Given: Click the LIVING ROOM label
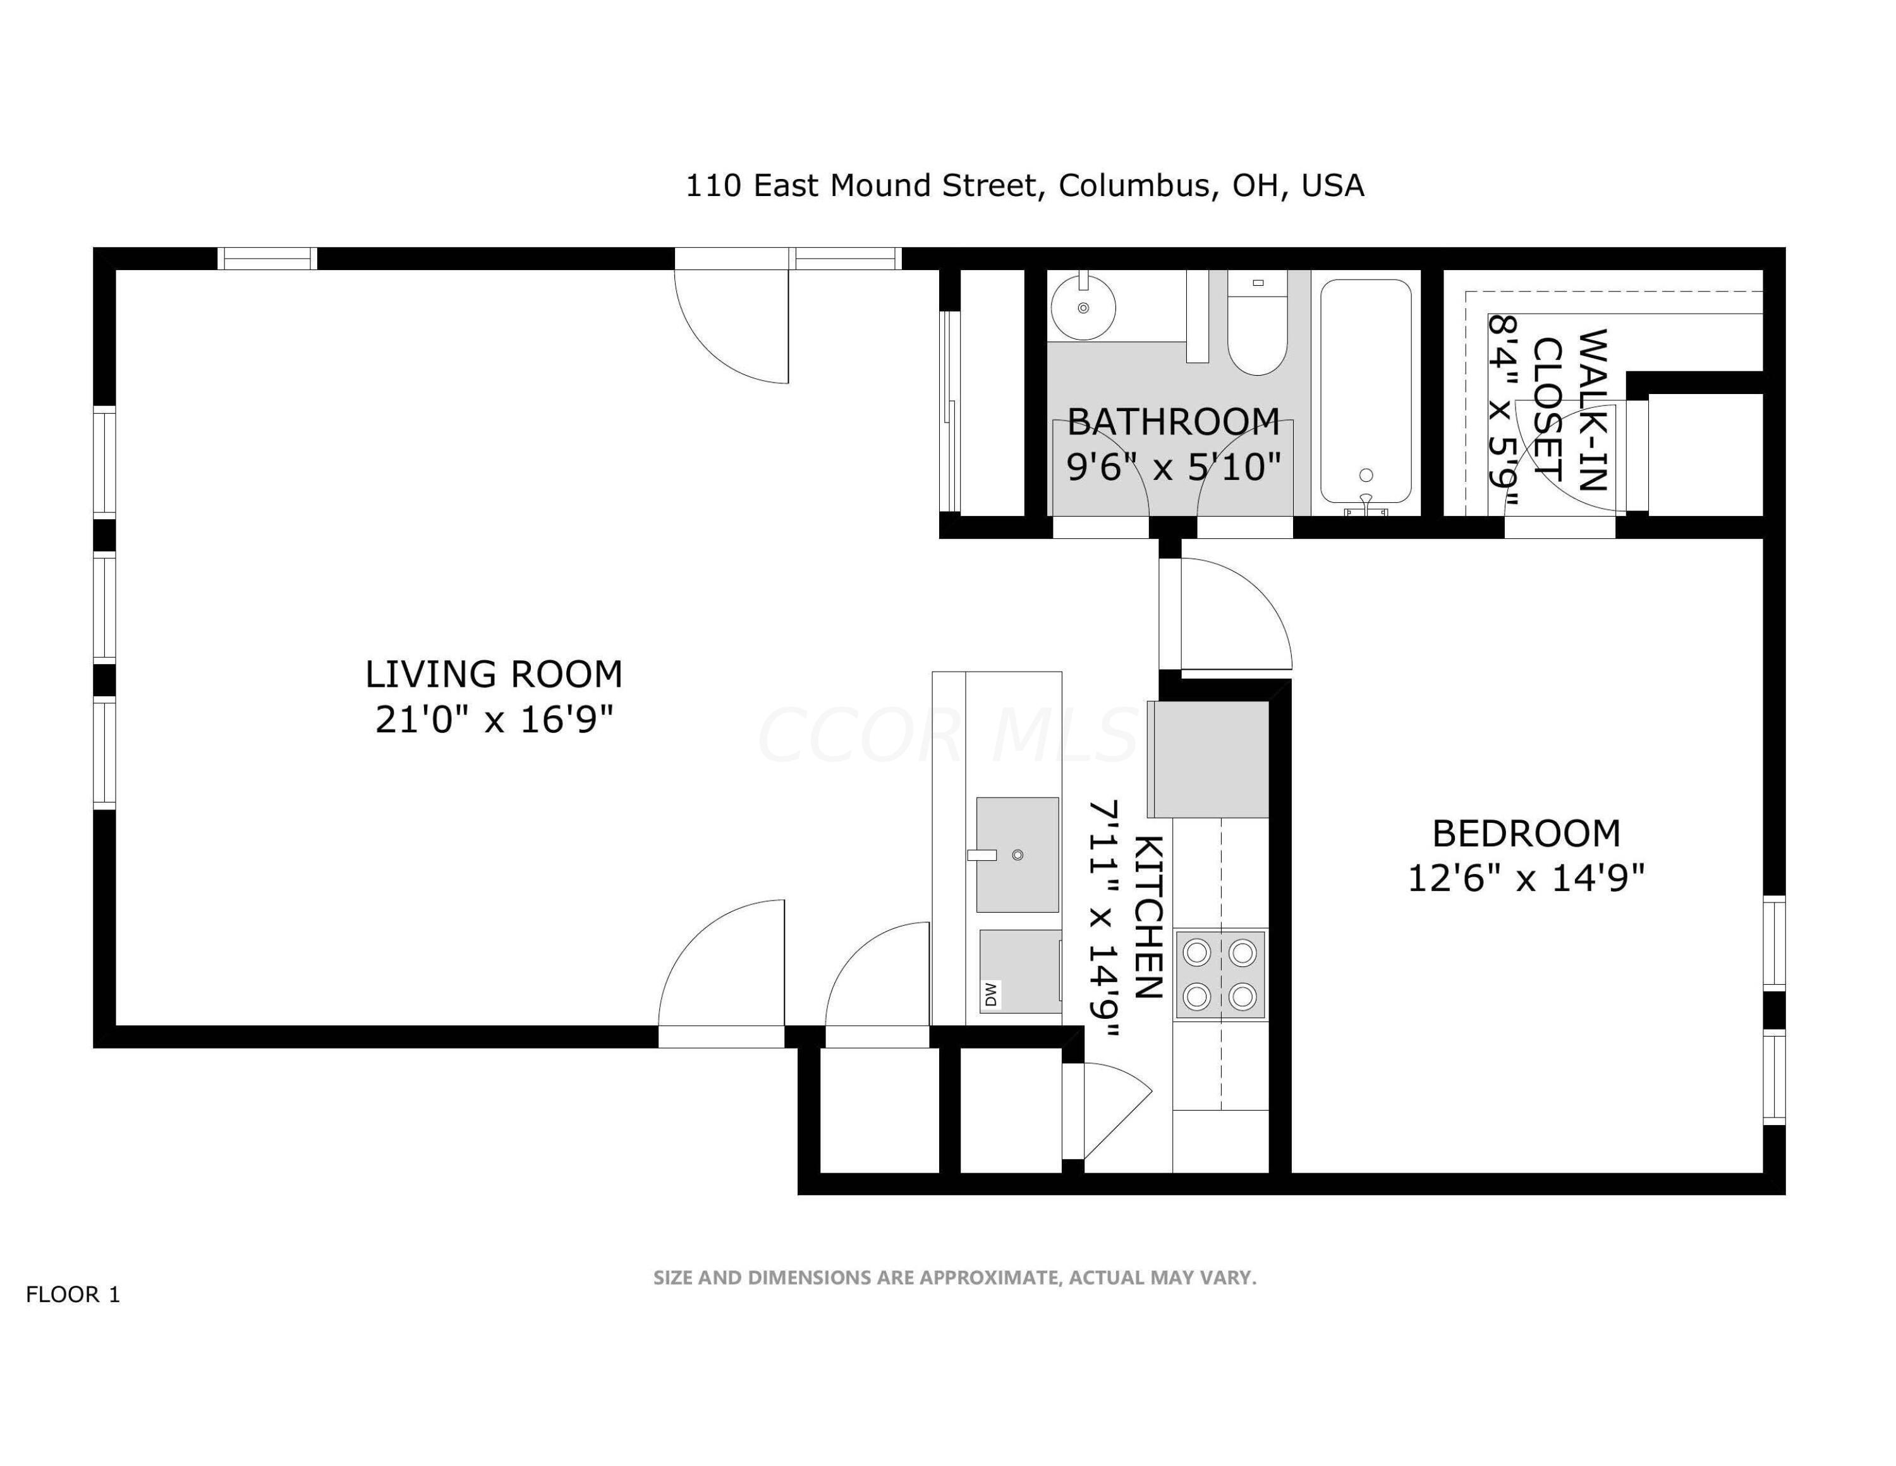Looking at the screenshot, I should [493, 675].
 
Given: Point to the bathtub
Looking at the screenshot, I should [1366, 391].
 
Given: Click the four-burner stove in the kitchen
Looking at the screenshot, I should [1220, 975].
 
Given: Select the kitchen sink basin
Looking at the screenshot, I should [1018, 854].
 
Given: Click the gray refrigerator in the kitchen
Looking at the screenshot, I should [1209, 759].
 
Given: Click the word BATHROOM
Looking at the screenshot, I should [1173, 422].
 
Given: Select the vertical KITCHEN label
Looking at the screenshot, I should [1148, 917].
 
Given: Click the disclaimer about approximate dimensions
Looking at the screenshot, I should [954, 1278].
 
